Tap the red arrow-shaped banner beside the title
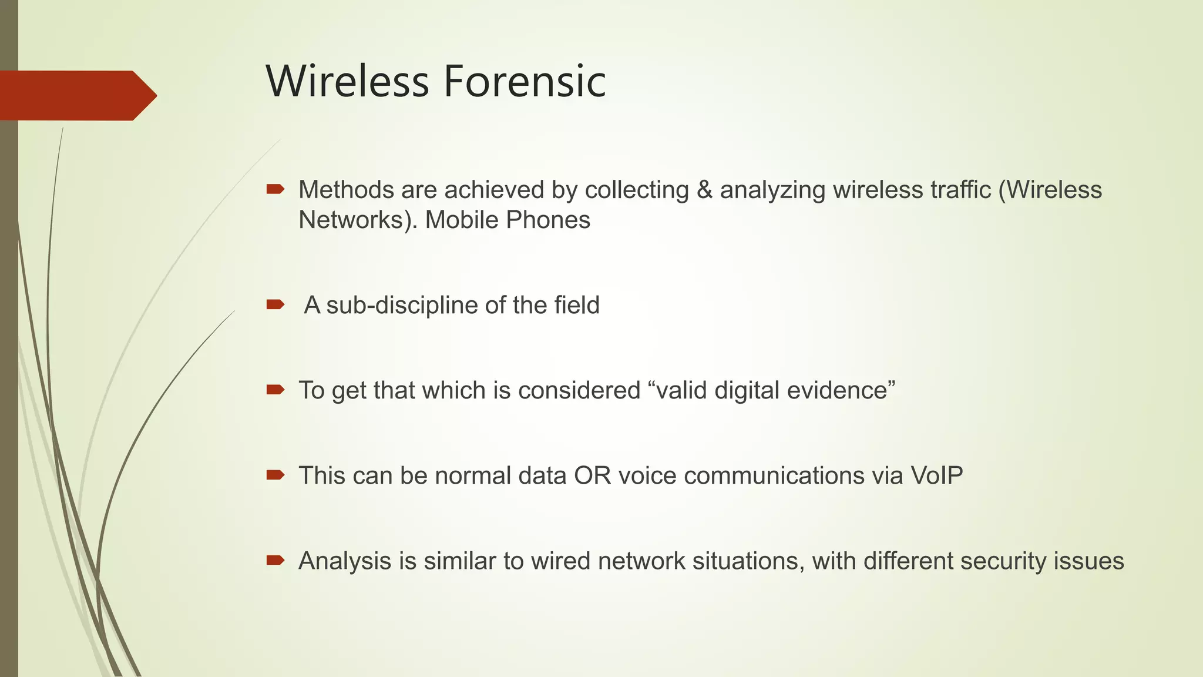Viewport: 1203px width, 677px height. pos(76,95)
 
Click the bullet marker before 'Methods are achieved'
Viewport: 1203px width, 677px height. pos(275,189)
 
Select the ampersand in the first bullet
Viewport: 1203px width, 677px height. pos(704,190)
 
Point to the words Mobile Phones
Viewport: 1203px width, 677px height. pos(508,220)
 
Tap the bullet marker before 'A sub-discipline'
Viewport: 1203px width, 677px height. pos(275,304)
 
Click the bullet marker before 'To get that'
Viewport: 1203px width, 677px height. pos(275,389)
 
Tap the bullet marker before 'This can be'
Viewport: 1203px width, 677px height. pos(275,474)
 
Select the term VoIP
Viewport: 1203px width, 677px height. pos(936,475)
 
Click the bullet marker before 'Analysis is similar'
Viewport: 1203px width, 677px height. pos(275,559)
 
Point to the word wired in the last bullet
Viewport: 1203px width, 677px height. pos(560,561)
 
